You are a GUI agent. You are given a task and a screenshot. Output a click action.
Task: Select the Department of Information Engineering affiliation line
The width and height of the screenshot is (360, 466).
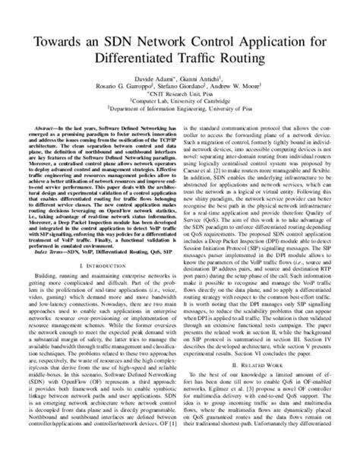[180, 117]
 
